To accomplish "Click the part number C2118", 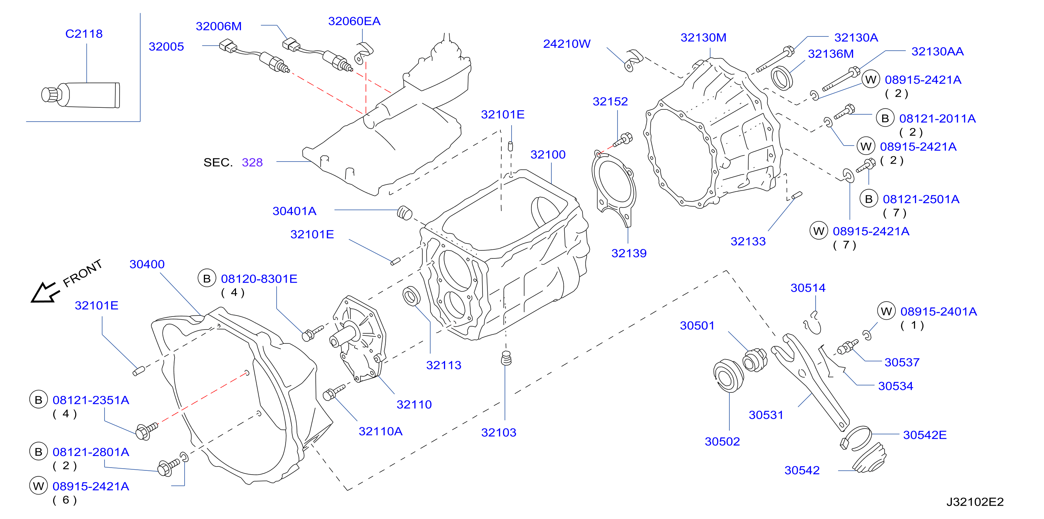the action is click(x=84, y=34).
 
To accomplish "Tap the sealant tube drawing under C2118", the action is click(x=81, y=95).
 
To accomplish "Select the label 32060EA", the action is click(x=354, y=21).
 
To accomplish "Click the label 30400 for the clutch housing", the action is click(x=147, y=264).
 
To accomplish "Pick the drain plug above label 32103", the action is click(x=507, y=358).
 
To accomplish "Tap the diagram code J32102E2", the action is click(x=975, y=502).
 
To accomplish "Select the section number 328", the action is click(x=252, y=162).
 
